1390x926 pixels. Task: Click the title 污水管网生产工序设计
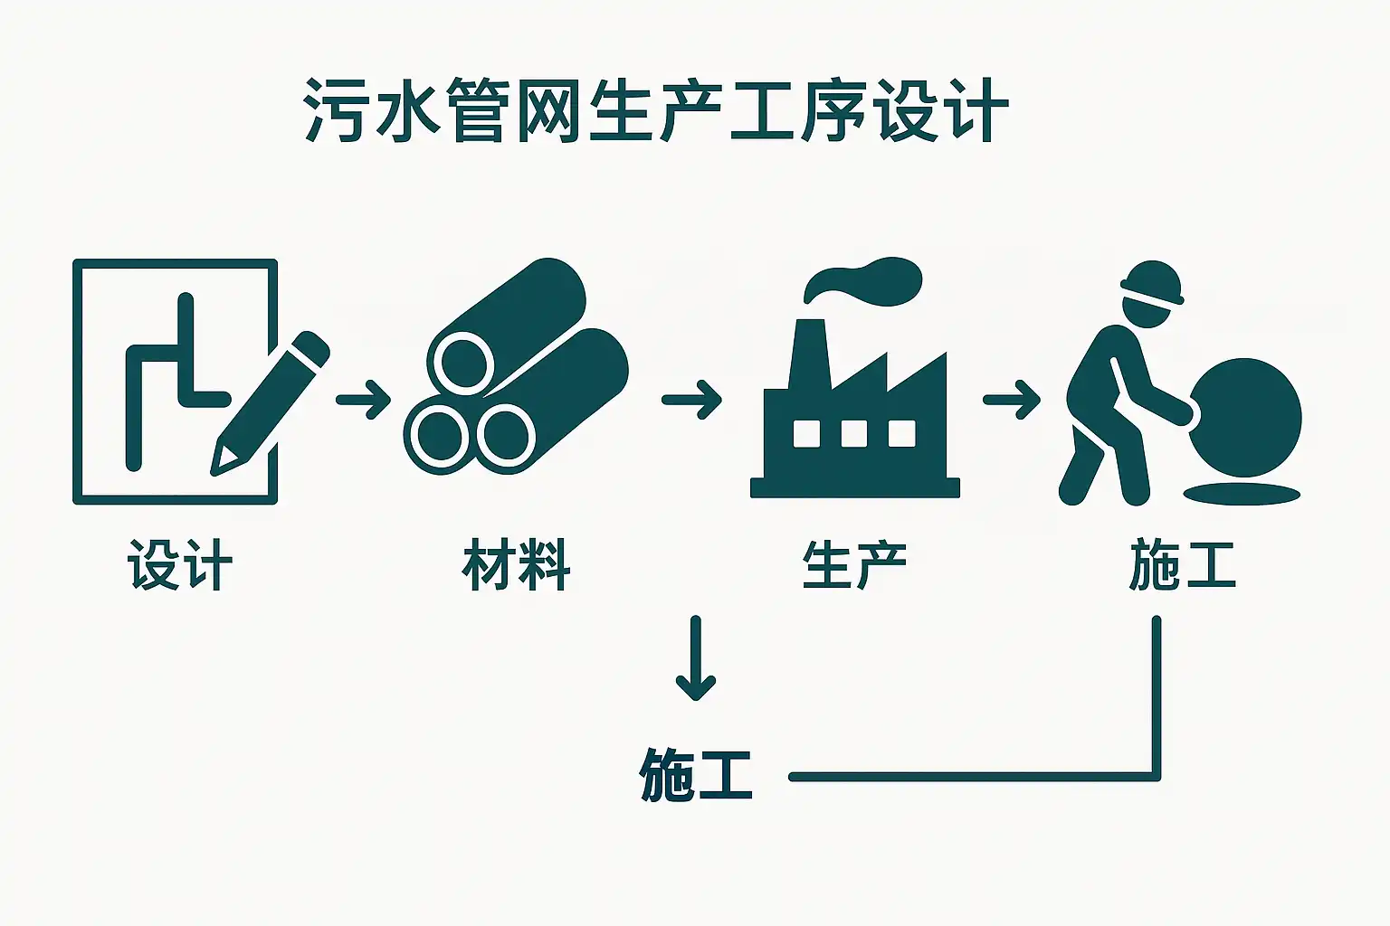(x=656, y=111)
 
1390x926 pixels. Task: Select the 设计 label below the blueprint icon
(x=180, y=565)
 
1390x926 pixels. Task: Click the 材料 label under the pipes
(x=516, y=565)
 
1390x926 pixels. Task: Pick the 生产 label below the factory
(x=854, y=565)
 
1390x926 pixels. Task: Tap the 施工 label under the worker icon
(x=1182, y=565)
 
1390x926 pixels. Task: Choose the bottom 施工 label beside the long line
(x=695, y=774)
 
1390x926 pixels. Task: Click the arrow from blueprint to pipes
(x=363, y=398)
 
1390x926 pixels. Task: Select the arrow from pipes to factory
(x=692, y=398)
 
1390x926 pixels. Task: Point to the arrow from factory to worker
(x=1012, y=398)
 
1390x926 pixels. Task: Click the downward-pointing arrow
(x=695, y=658)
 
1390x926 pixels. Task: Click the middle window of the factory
(x=854, y=433)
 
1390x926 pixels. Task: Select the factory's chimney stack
(x=808, y=357)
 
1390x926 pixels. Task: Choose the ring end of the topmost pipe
(x=462, y=362)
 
